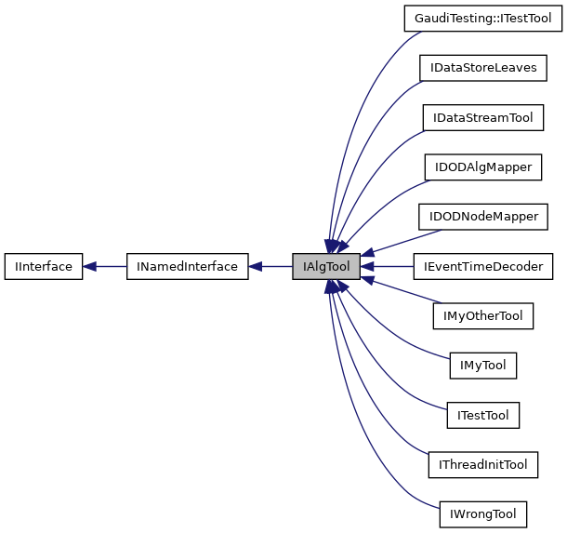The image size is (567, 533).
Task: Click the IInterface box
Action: (45, 267)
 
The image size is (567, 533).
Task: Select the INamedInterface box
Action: (187, 267)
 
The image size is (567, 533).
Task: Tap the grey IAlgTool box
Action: (325, 267)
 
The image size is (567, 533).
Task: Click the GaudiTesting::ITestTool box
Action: (482, 18)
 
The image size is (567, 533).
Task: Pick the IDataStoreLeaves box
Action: (482, 68)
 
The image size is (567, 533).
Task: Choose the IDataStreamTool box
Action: (482, 117)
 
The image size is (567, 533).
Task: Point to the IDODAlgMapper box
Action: (482, 167)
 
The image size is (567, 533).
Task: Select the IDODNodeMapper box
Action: (482, 217)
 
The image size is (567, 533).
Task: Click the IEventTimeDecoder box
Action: (482, 267)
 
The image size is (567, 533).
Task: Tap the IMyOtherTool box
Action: (482, 316)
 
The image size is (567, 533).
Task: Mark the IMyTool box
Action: (482, 366)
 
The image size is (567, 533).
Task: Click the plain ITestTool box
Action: (482, 415)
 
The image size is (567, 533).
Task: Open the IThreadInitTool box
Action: (482, 464)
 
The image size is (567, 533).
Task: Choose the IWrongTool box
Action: (482, 513)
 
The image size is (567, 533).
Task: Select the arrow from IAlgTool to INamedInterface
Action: (274, 267)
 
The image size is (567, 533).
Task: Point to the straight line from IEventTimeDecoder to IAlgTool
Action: (390, 267)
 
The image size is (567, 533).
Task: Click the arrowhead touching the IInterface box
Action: (90, 267)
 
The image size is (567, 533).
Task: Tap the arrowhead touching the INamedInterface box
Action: (255, 267)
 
